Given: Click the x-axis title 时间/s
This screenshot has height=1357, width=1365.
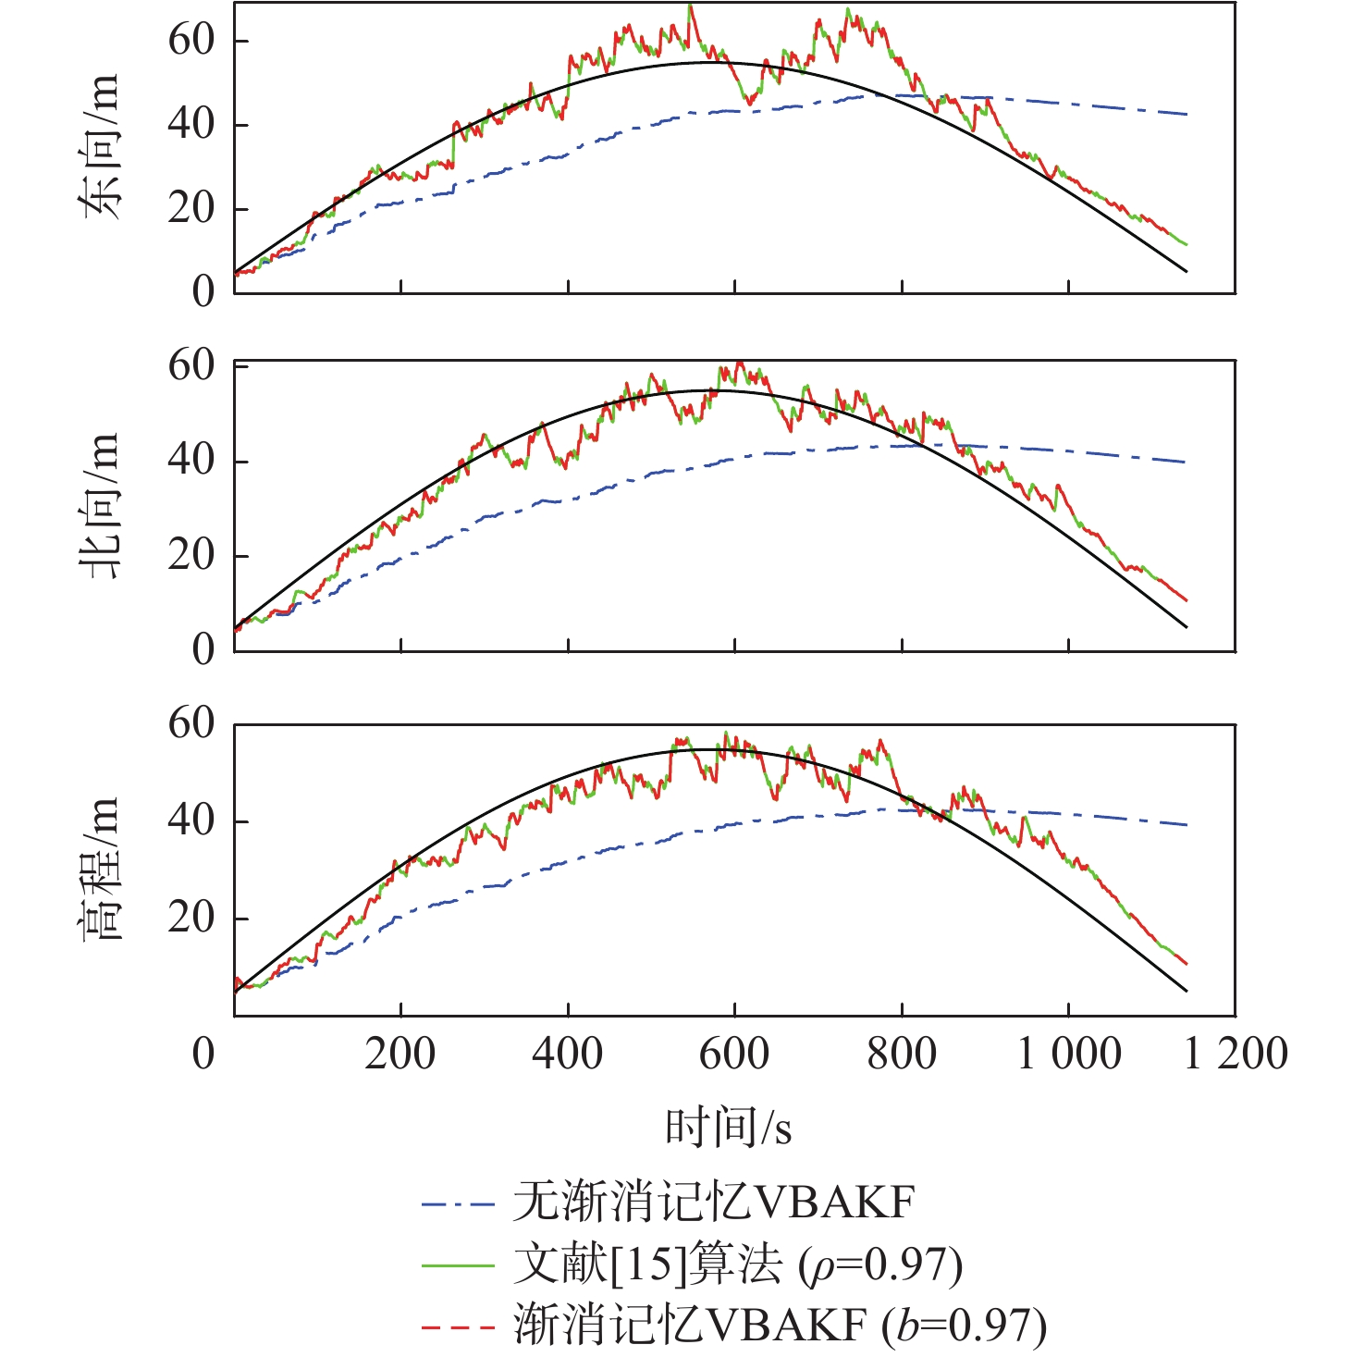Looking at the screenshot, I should point(729,1128).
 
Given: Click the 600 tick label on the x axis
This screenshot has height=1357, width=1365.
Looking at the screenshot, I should point(734,1054).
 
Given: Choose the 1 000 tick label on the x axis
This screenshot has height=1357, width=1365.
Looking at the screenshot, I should point(1069,1054).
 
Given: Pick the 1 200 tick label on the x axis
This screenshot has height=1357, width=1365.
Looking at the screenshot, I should point(1236,1054).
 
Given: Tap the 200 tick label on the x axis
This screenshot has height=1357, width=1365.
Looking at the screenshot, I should point(400,1054).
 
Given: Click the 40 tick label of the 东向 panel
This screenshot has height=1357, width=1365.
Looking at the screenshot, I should point(191,124).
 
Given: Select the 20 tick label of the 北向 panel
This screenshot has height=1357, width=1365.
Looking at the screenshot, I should point(191,556).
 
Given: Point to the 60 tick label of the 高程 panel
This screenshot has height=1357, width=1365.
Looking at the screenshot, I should point(191,723).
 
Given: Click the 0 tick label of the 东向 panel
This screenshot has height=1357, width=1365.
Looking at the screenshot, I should point(203,291).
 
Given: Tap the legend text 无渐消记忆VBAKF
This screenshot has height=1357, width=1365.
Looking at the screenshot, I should point(714,1203).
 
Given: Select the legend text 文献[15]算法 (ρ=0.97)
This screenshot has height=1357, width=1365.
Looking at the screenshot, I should point(738,1264).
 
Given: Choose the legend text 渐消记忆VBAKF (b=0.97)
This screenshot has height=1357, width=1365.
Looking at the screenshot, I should point(781,1326).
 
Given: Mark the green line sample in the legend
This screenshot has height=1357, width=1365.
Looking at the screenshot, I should point(458,1265).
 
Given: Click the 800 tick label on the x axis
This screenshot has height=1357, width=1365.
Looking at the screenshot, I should point(902,1054).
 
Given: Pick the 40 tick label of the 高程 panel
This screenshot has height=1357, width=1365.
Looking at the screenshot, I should point(191,820).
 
